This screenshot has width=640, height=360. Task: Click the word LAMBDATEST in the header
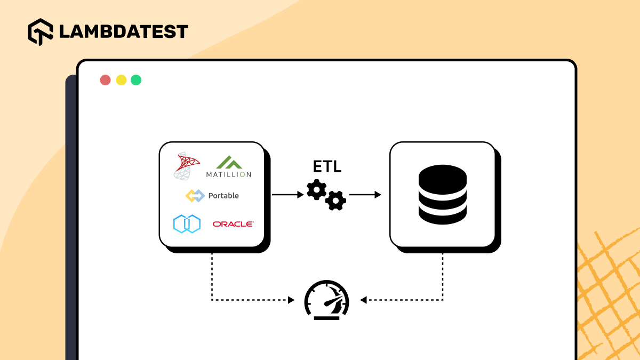123,31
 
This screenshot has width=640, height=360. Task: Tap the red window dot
106,80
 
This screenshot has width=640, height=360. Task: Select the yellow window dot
121,80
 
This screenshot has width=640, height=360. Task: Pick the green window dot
136,80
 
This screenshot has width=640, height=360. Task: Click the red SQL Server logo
187,165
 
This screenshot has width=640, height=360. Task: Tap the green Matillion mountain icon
228,162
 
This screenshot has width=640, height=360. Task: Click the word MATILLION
228,174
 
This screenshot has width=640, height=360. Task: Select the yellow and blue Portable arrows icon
195,196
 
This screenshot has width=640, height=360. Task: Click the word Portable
223,196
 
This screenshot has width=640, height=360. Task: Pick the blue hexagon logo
187,223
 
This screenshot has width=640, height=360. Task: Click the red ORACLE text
233,224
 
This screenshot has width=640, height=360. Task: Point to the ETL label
327,167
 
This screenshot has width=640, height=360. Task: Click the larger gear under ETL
317,190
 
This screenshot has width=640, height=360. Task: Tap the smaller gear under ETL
336,201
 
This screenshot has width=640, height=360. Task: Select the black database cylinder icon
443,195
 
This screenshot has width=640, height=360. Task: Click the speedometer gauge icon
326,300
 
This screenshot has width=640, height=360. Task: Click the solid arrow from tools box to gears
288,195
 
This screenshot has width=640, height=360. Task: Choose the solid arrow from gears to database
365,195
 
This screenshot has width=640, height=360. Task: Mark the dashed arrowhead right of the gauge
363,300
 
